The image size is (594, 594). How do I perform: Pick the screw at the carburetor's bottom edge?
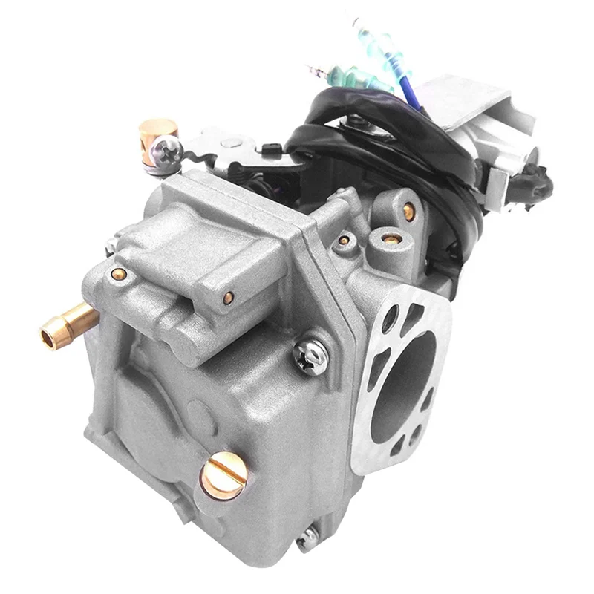(x=307, y=541)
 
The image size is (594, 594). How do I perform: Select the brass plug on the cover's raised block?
(x=229, y=298)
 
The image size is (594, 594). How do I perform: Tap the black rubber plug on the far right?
(x=531, y=178)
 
